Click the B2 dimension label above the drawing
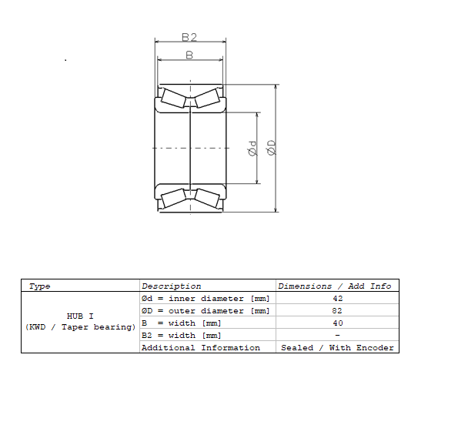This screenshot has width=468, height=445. [x=189, y=37]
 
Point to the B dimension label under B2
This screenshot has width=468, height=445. [x=189, y=55]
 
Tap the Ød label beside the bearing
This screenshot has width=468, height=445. [x=252, y=149]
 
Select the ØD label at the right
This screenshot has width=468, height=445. [x=272, y=148]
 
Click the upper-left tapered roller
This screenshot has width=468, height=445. [x=174, y=98]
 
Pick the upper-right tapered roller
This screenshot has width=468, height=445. [x=207, y=98]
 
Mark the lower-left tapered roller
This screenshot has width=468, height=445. [x=174, y=198]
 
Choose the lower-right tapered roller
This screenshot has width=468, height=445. [x=207, y=198]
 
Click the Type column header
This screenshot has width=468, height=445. [x=39, y=286]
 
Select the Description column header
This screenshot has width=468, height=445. [x=172, y=286]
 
